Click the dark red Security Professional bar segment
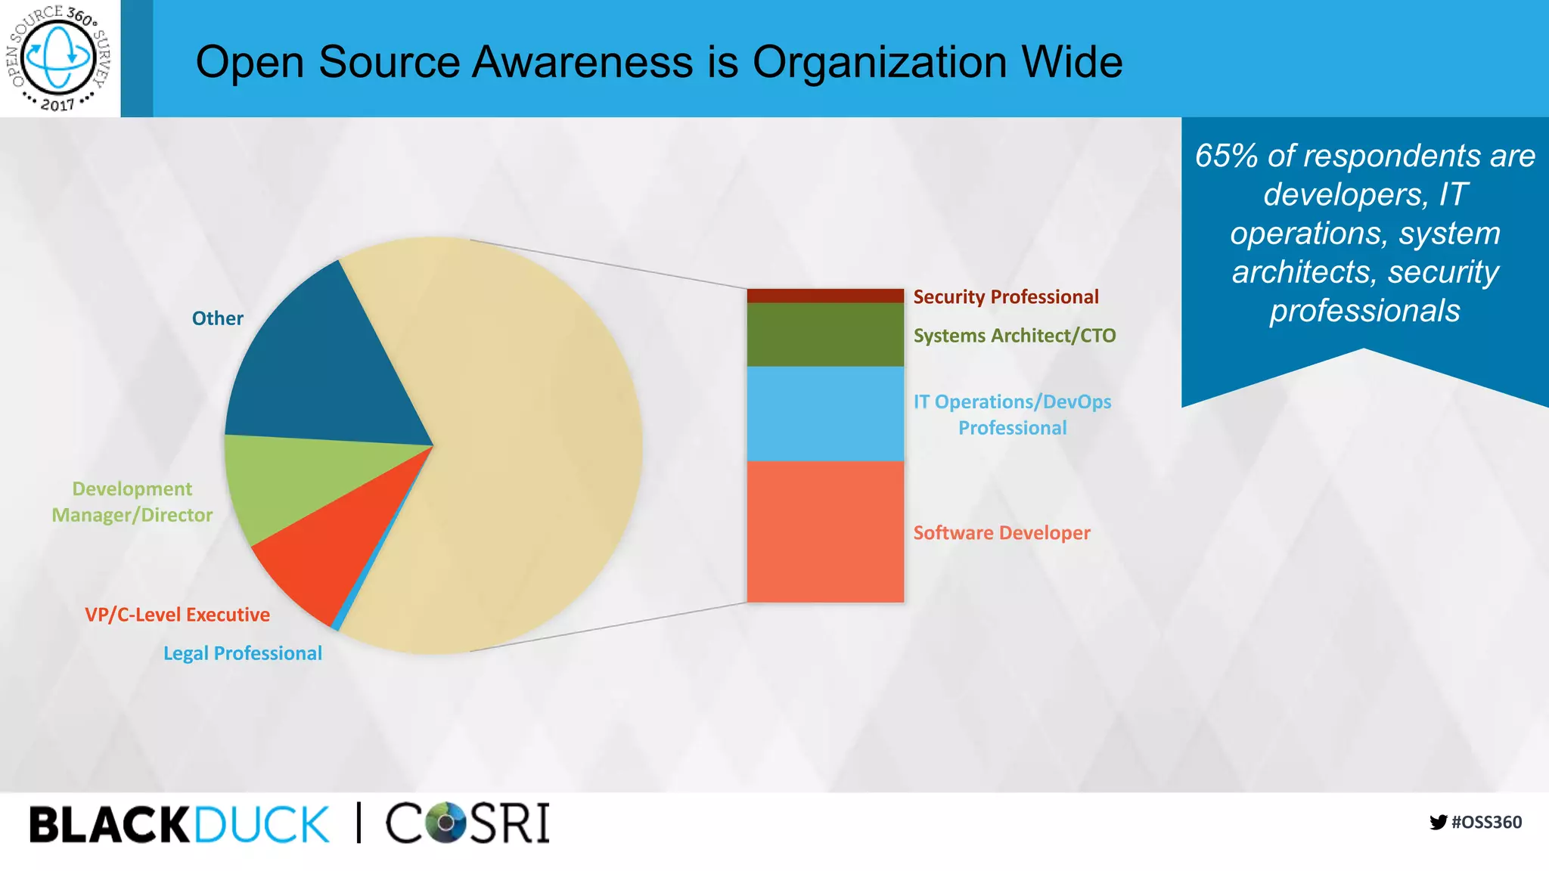pos(825,296)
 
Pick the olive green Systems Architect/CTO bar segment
pos(825,334)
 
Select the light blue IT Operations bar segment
pos(825,414)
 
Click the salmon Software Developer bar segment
pos(825,532)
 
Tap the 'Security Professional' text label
pos(1005,296)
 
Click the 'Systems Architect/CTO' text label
pos(1014,335)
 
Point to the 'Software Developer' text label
pos(1001,533)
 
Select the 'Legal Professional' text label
pos(242,653)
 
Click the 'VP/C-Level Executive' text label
pos(177,615)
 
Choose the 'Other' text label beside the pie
pos(217,318)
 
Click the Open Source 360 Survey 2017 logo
pos(59,58)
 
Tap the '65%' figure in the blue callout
pos(1226,156)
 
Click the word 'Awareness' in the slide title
pos(582,62)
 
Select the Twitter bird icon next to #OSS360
pos(1438,822)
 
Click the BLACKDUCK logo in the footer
pos(179,823)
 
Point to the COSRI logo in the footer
pos(467,823)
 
